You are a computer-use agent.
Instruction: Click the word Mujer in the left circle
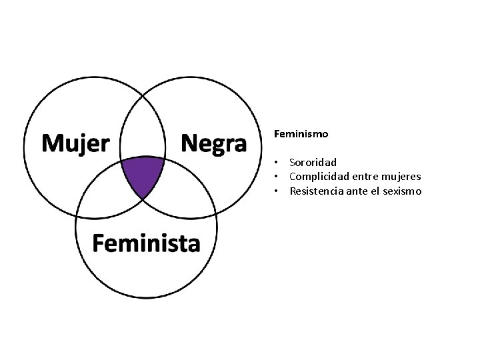76,143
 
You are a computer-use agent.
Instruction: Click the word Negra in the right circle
214,143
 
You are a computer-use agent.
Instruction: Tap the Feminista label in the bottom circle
146,243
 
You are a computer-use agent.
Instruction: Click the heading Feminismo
301,134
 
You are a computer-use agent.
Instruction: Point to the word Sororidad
313,162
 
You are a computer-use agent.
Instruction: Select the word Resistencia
316,191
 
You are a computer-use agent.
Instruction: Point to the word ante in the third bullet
356,191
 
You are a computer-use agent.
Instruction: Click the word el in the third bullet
375,191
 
